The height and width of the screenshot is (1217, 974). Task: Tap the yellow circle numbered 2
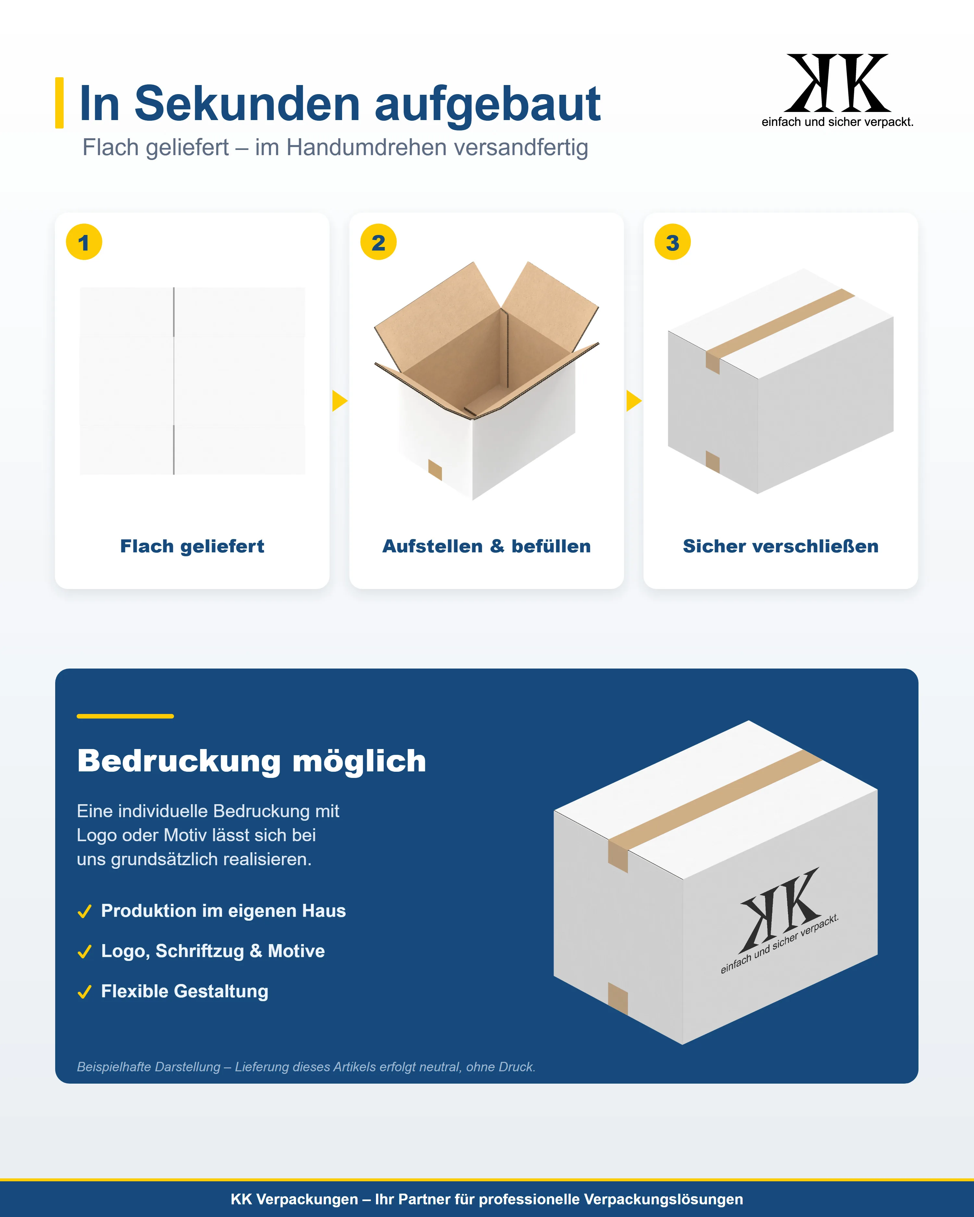pyautogui.click(x=378, y=242)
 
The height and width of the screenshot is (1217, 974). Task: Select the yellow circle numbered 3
pyautogui.click(x=672, y=242)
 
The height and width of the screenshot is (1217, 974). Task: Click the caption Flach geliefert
pyautogui.click(x=192, y=547)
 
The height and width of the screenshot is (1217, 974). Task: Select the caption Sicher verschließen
pyautogui.click(x=780, y=547)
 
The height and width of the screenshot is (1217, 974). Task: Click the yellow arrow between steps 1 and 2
pyautogui.click(x=339, y=401)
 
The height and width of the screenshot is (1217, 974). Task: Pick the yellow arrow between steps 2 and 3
pyautogui.click(x=633, y=401)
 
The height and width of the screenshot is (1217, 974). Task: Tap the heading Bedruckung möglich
pyautogui.click(x=252, y=761)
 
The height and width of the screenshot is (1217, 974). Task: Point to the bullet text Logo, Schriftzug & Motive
pyautogui.click(x=213, y=951)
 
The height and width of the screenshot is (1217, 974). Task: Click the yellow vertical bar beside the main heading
pyautogui.click(x=59, y=103)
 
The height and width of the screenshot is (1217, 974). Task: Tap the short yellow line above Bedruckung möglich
pyautogui.click(x=125, y=716)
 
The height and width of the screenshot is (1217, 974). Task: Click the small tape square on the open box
pyautogui.click(x=435, y=470)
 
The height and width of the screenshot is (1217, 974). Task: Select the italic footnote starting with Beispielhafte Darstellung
pyautogui.click(x=306, y=1067)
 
